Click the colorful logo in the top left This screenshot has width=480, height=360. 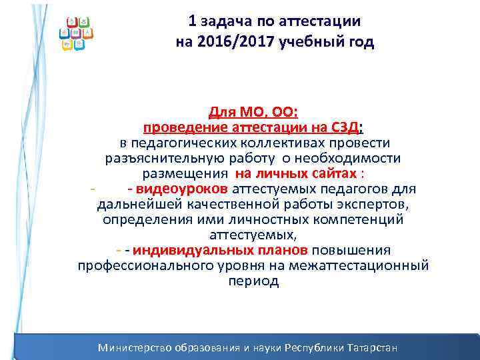click(76, 33)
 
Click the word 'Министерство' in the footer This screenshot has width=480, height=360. click(135, 348)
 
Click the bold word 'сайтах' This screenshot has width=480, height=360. click(335, 173)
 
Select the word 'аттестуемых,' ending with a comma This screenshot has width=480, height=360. click(252, 235)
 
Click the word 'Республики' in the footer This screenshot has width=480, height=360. click(314, 348)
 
